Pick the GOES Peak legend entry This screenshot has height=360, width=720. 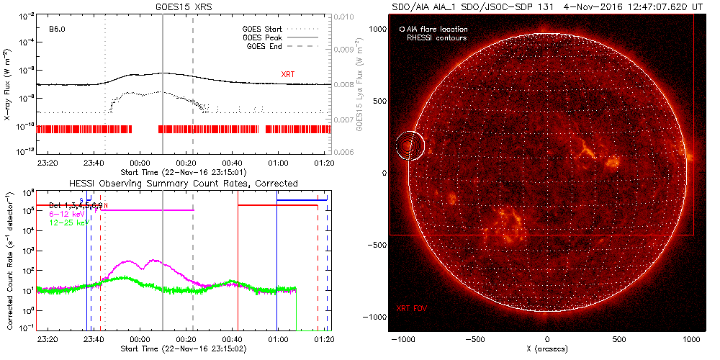(x=265, y=37)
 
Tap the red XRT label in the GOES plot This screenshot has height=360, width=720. (x=287, y=74)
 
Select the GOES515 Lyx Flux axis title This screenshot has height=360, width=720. (x=359, y=84)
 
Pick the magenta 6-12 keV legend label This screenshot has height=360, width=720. (x=67, y=215)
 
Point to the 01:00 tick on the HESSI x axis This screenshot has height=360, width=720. (x=277, y=338)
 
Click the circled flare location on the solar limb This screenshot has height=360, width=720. (x=411, y=145)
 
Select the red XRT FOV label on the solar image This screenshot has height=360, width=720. (x=413, y=308)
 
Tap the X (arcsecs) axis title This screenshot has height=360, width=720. (x=548, y=348)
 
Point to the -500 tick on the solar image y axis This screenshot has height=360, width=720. (x=379, y=245)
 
